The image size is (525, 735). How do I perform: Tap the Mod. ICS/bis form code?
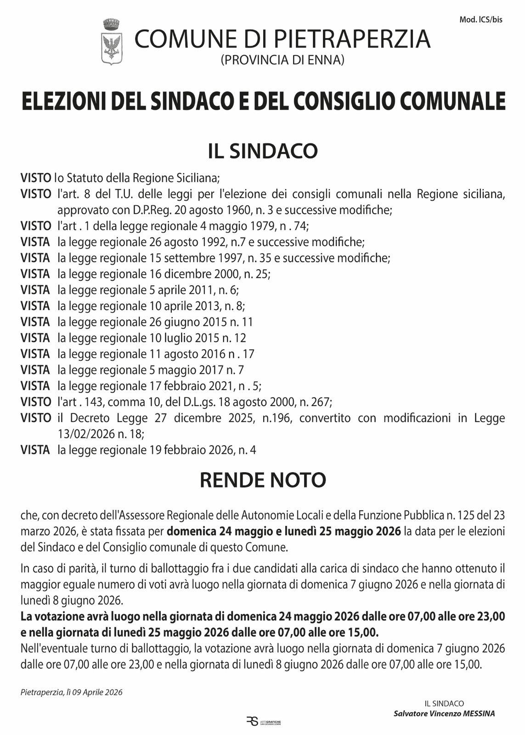pos(481,20)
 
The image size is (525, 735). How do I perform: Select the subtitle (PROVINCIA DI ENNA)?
pos(282,60)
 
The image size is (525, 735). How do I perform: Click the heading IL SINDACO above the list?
pos(263,151)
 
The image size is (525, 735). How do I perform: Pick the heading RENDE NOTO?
pos(263,480)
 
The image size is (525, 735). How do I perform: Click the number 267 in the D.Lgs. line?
pos(320,402)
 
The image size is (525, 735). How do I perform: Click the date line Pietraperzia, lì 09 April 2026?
pos(72,692)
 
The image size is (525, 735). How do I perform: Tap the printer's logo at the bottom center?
pos(263,722)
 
